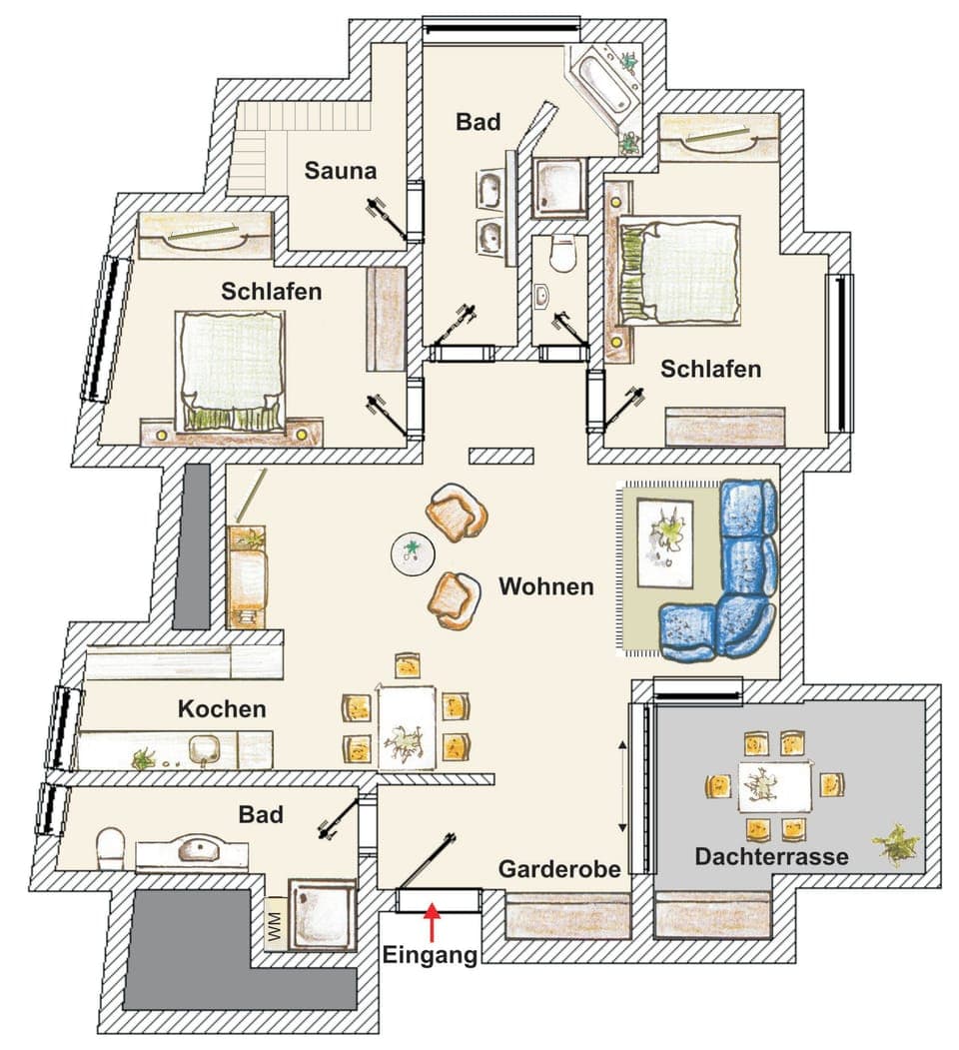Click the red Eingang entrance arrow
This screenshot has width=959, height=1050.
(x=432, y=921)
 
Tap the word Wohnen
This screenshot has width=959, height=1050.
(x=546, y=585)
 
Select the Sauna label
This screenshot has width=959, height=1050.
(x=342, y=171)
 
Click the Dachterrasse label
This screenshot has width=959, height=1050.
(x=772, y=856)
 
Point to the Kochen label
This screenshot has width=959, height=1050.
(x=222, y=709)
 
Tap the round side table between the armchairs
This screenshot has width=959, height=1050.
(x=411, y=553)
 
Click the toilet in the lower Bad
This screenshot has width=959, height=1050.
(x=109, y=850)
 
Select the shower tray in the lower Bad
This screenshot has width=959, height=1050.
(x=321, y=912)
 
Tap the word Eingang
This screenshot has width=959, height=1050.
(x=431, y=955)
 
